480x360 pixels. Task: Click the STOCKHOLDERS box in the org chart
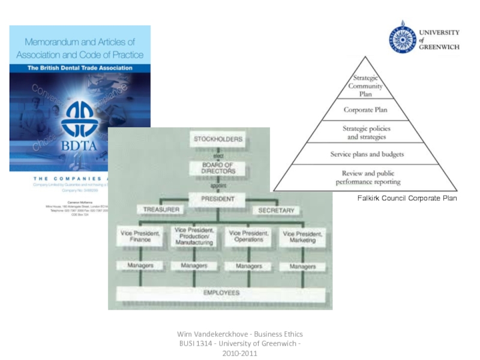click(x=218, y=140)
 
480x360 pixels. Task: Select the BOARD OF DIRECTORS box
click(x=218, y=168)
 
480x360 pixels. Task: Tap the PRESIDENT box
click(x=218, y=199)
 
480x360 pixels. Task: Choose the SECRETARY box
click(x=276, y=211)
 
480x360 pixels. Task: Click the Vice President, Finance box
click(x=140, y=236)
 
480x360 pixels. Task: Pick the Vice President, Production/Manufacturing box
click(x=193, y=236)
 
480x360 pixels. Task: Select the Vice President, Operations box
click(x=249, y=236)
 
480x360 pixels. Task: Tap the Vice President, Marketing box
click(x=303, y=236)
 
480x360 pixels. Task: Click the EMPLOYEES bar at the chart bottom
click(x=221, y=293)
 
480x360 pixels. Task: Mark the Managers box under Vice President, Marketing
click(x=303, y=266)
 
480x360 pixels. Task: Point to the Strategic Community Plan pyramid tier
click(x=366, y=86)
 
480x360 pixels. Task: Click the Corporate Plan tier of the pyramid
click(x=366, y=110)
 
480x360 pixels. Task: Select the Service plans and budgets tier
click(x=366, y=154)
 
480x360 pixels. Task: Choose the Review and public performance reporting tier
click(x=366, y=178)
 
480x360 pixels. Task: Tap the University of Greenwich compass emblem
click(x=402, y=37)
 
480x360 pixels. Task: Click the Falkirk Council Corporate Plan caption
click(x=407, y=198)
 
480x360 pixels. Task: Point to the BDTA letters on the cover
click(x=79, y=145)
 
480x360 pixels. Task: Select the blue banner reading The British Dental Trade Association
click(x=80, y=68)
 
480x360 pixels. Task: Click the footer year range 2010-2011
click(x=239, y=353)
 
